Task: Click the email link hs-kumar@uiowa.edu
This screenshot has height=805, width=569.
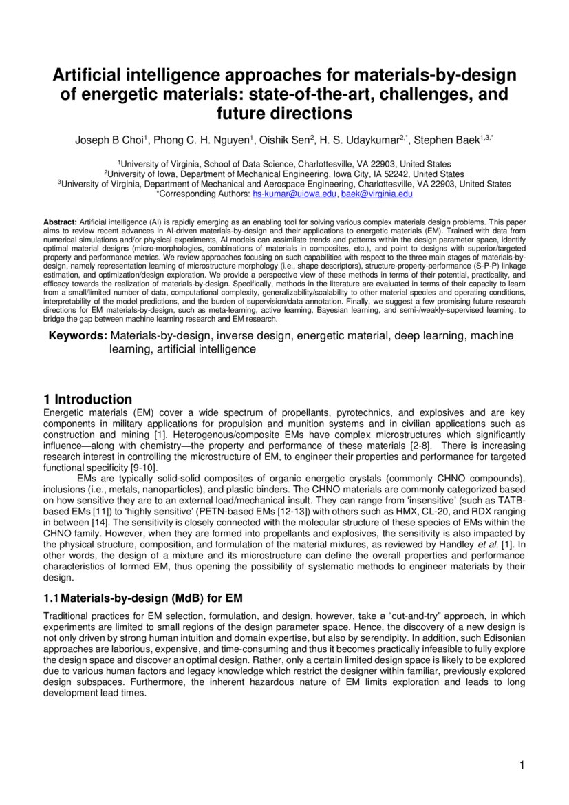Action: click(x=295, y=195)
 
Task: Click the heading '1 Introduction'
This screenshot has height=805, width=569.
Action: click(x=87, y=399)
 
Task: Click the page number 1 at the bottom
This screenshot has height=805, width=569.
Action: click(x=522, y=766)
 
